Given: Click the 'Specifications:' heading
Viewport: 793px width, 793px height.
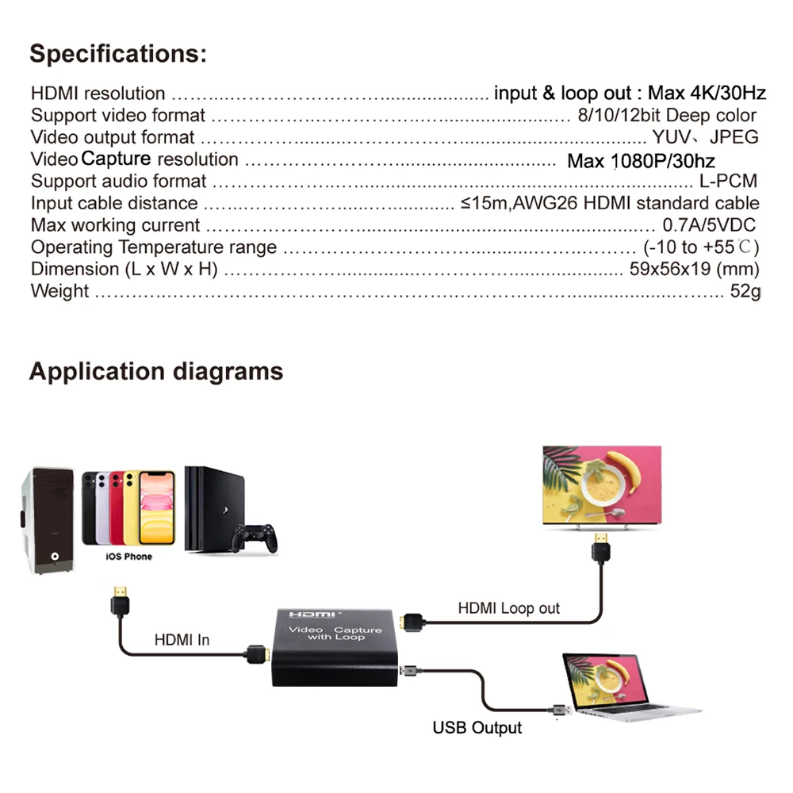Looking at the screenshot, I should click(118, 55).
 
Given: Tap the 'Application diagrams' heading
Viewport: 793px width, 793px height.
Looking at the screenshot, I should click(155, 371).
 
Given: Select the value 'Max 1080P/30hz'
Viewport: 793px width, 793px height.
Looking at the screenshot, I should click(641, 162).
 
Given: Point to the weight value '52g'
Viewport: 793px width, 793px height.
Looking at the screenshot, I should click(745, 291).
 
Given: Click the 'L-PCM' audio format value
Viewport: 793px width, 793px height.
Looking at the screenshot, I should click(728, 182).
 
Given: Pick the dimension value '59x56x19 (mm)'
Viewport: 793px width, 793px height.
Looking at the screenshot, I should click(694, 269).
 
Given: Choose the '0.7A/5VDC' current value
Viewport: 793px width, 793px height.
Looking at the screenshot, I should click(709, 225).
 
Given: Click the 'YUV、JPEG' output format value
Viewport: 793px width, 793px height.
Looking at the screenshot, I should click(705, 137).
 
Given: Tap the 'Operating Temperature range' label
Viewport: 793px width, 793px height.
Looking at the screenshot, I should click(154, 247).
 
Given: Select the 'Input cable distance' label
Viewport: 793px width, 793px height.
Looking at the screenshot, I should click(114, 204).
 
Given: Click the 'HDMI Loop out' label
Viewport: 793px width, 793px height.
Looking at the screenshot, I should click(508, 608).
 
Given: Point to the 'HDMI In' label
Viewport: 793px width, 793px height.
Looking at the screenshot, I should click(182, 639).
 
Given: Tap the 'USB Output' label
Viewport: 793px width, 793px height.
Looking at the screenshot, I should click(477, 727).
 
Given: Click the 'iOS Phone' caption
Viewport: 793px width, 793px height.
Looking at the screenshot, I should click(128, 557).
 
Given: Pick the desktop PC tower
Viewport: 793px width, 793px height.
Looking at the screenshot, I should click(48, 519).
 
